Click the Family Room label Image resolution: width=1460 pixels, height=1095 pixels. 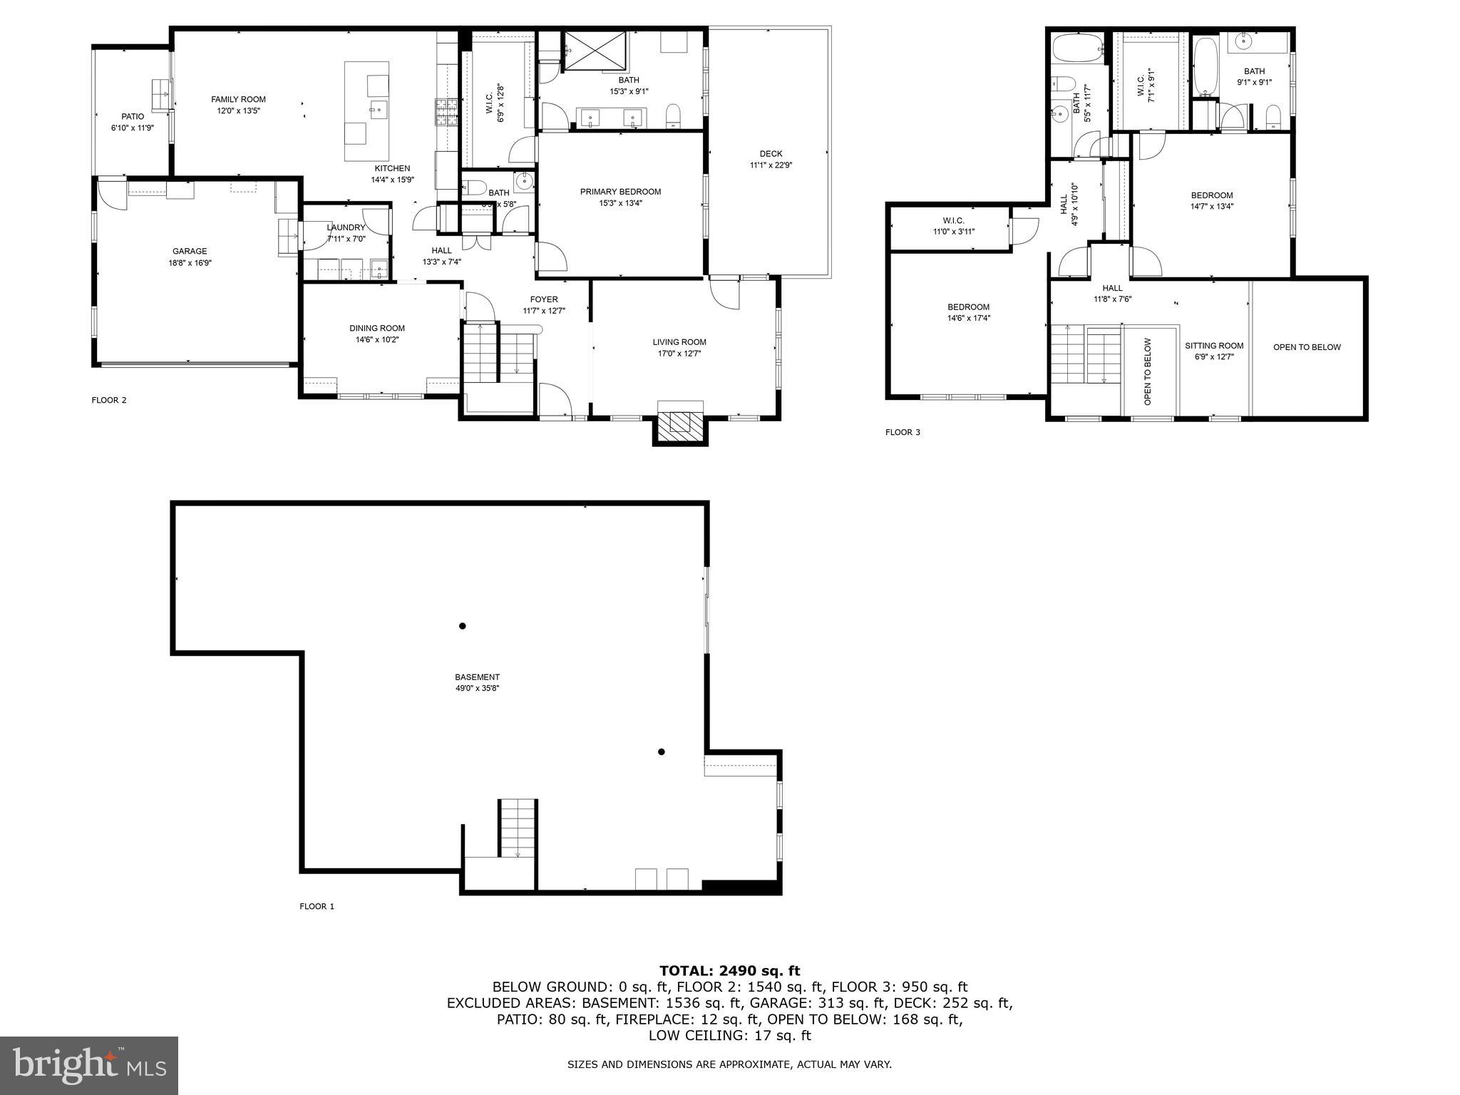pos(238,100)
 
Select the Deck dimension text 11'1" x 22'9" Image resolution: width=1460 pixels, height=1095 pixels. pos(771,165)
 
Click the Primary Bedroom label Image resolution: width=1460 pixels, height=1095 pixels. pos(620,192)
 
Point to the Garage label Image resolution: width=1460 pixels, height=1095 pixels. pos(190,251)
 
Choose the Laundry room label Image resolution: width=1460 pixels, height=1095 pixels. pos(346,227)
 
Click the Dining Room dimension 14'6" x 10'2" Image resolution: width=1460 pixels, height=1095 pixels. pos(377,340)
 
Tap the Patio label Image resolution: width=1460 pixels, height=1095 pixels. pos(133,117)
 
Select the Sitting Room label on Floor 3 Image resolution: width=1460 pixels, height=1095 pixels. pos(1214,346)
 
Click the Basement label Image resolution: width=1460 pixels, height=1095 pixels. pos(477,677)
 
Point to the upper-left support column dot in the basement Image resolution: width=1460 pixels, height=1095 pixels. pos(463,626)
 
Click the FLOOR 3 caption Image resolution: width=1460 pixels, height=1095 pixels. pos(903,432)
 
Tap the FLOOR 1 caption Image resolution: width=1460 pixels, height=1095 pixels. pos(317,907)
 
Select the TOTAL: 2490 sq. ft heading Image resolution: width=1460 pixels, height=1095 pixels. pos(729,970)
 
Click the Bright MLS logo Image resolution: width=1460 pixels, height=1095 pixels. pos(88,1065)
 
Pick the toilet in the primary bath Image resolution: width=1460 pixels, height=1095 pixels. pos(672,116)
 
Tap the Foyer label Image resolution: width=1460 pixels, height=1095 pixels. pos(544,299)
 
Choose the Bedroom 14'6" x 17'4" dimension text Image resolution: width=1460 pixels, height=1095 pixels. pos(968,319)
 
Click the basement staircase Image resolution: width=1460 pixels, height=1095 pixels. pos(518,828)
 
